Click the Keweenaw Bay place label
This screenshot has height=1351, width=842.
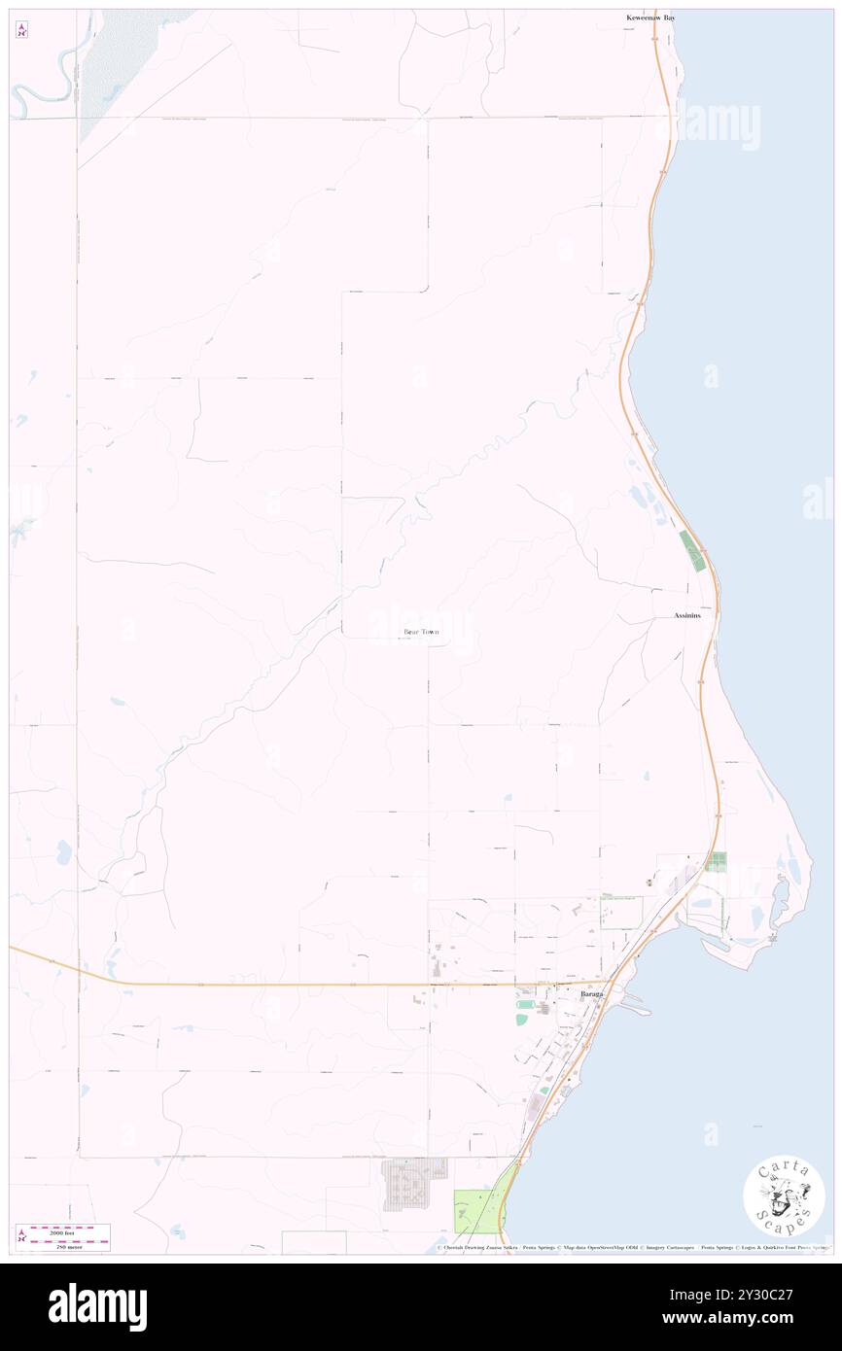(x=650, y=17)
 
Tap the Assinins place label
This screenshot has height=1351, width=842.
(x=687, y=616)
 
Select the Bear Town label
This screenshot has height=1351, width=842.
(x=421, y=632)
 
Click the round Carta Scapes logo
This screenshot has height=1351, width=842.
(x=784, y=1197)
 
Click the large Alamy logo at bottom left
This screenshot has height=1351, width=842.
(x=97, y=1306)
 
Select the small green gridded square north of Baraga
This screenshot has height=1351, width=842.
(x=718, y=861)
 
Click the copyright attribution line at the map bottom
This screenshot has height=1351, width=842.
(x=632, y=1248)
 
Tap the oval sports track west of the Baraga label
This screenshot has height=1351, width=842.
(x=526, y=1004)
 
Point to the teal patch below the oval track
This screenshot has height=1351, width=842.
(x=522, y=1018)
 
